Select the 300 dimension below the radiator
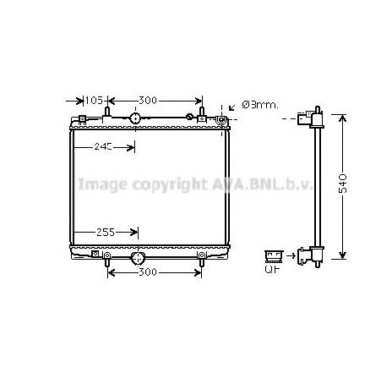coord(147,272)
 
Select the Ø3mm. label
coord(259,105)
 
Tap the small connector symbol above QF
coord(273,254)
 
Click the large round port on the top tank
coord(135,118)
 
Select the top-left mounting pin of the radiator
coord(107,108)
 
